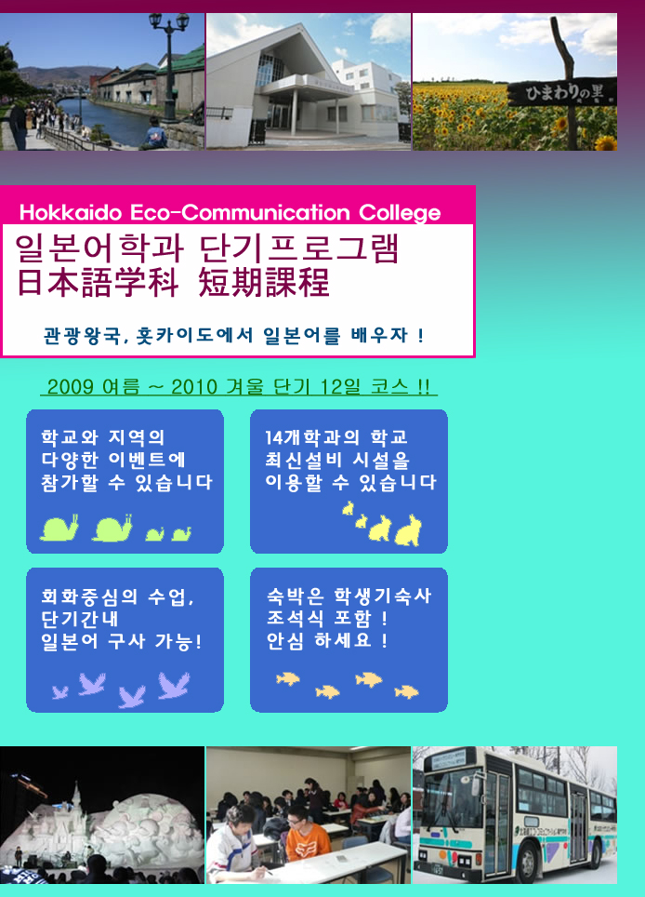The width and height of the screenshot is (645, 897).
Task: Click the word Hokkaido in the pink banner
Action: [71, 213]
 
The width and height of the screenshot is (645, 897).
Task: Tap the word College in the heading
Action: [400, 213]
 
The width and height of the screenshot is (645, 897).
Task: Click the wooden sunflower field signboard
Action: [561, 91]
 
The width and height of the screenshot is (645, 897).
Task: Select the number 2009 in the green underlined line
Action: [71, 387]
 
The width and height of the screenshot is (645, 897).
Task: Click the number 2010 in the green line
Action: [194, 387]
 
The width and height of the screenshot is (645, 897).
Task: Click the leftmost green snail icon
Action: [59, 528]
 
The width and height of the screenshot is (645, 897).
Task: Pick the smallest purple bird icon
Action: [60, 692]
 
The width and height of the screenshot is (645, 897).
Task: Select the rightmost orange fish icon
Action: [406, 692]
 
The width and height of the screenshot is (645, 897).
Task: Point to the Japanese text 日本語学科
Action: [98, 283]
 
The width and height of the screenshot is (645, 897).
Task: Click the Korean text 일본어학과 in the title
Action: [99, 248]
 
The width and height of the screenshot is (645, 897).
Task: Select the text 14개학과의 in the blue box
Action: [312, 437]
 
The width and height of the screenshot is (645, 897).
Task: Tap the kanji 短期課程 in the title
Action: [264, 283]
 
